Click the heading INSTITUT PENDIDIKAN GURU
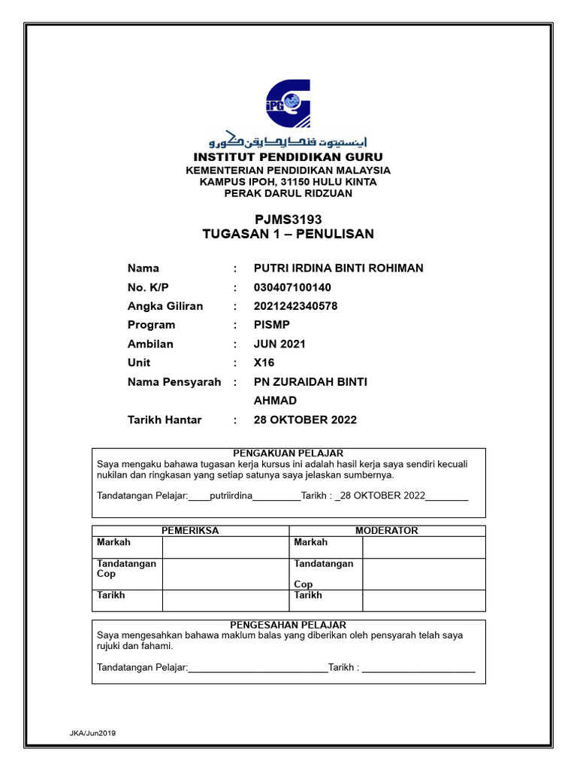[288, 157]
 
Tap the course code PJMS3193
[288, 219]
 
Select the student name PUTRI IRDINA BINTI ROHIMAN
[339, 268]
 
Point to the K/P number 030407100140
[292, 287]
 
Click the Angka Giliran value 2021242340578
[296, 306]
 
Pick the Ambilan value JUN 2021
[279, 344]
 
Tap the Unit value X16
[264, 362]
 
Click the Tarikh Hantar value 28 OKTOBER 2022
[305, 420]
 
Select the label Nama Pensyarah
[174, 382]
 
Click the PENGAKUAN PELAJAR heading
[288, 453]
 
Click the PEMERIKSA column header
[190, 530]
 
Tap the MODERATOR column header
[387, 530]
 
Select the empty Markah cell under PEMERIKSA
[225, 547]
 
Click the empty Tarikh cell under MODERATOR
[424, 599]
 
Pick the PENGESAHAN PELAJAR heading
[288, 625]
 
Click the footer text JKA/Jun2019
[94, 732]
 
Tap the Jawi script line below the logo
[288, 141]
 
